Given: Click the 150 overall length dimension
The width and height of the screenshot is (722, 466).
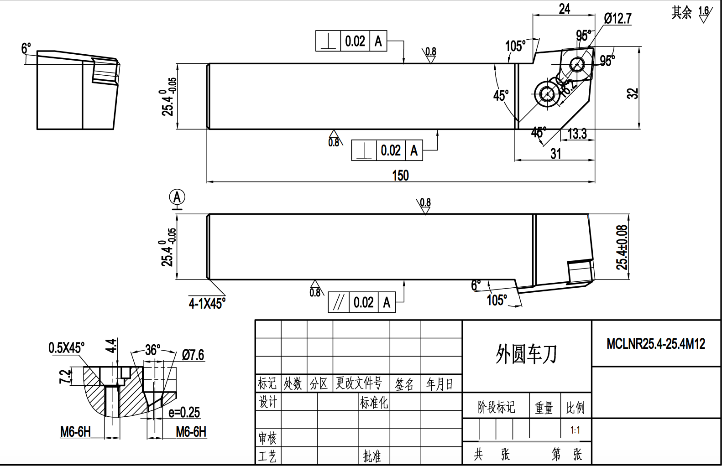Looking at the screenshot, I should coord(400,176).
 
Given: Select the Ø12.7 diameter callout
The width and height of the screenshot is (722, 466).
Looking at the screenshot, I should coord(617,18).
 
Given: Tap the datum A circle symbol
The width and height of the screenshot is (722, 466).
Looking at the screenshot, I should coord(177,197).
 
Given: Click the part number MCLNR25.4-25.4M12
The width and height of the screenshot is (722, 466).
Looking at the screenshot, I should coord(656,343).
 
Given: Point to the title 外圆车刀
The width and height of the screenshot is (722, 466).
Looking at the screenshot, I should coord(526,354).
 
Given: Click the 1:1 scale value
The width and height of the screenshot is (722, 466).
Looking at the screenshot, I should coord(575,430).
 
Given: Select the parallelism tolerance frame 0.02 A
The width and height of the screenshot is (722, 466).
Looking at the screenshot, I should coord(361,302).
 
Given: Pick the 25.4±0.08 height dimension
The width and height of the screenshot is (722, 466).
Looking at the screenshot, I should coord(622,247).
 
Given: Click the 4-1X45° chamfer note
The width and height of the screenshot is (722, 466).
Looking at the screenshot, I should coord(207,303).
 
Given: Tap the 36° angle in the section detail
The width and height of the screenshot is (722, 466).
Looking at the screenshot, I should coord(152,350).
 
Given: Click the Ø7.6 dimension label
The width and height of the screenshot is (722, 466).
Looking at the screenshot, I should coord(193,355).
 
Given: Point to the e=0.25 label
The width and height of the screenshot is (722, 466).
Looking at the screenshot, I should coord(184,412).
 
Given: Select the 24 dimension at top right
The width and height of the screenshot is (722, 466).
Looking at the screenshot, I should coord(565,9).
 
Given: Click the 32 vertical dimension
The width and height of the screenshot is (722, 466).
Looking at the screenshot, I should coord(632,93).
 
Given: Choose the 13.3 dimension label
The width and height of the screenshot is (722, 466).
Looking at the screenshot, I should coord(577,134).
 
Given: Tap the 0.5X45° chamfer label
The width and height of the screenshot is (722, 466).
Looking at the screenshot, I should coord(66,348).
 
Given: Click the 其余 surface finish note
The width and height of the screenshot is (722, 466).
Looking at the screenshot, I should coord(682,12).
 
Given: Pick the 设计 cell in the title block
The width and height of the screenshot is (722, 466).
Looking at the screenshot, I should coord(268,402).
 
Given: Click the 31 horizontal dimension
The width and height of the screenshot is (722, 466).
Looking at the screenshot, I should coord(555,154).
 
